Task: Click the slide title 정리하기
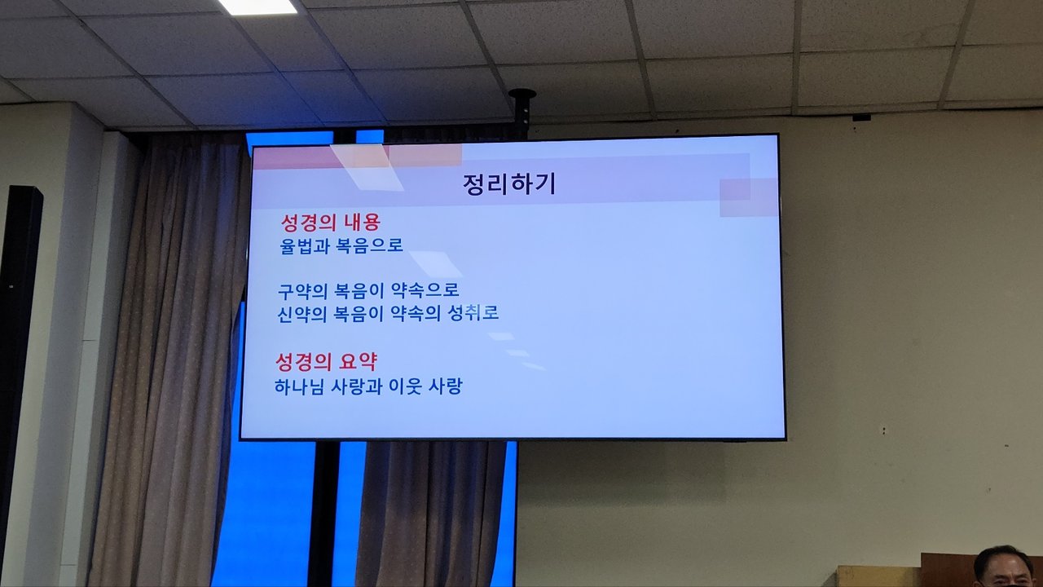click(x=509, y=184)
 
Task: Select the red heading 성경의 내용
click(x=331, y=223)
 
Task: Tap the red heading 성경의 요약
click(x=327, y=361)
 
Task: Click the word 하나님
click(x=298, y=386)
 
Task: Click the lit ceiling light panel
click(x=257, y=6)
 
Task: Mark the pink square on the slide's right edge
click(x=749, y=197)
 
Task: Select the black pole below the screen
click(x=323, y=514)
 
